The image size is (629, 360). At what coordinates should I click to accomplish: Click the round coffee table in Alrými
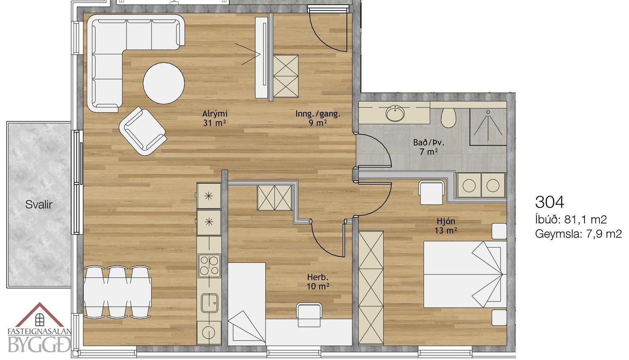[164, 83]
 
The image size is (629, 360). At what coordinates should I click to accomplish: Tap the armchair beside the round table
[143, 131]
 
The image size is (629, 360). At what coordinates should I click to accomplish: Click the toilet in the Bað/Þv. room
[448, 118]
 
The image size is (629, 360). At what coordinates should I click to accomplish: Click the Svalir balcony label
[39, 205]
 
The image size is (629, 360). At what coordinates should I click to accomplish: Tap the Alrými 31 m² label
[215, 118]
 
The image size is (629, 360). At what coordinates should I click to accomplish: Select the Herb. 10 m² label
[318, 282]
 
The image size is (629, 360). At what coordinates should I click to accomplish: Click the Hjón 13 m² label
[446, 225]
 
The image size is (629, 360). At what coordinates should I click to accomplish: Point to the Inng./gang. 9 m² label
[318, 118]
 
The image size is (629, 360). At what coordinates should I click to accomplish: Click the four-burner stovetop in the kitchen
[209, 266]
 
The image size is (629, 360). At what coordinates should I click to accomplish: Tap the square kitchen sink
[210, 303]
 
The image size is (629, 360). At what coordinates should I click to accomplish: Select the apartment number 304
[549, 202]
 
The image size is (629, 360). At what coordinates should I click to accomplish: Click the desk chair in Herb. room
[309, 315]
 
